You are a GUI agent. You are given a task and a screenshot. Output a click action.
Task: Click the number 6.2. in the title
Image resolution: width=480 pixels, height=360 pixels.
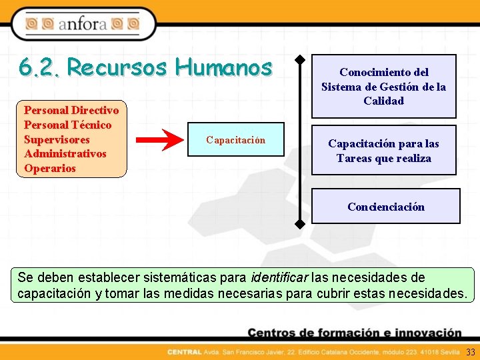click(39, 67)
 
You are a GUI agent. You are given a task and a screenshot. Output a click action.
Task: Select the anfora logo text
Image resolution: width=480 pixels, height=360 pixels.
click(83, 25)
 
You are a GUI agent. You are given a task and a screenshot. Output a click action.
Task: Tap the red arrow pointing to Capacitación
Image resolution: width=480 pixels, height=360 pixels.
click(160, 140)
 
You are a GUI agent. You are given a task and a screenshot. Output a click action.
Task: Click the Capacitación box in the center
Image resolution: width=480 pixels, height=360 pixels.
click(235, 140)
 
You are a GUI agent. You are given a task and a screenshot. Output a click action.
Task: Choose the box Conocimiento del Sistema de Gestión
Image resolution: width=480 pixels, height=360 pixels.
click(383, 87)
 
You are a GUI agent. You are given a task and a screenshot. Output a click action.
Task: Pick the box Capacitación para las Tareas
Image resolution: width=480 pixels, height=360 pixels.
click(383, 151)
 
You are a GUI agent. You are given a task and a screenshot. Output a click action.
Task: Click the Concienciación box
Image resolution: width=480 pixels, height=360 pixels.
click(385, 207)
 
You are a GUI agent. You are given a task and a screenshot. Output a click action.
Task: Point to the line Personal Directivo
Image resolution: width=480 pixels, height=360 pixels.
click(71, 110)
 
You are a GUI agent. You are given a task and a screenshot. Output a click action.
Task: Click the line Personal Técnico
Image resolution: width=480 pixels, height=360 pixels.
click(67, 125)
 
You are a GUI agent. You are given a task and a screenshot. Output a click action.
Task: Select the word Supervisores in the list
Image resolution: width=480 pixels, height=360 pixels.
click(57, 139)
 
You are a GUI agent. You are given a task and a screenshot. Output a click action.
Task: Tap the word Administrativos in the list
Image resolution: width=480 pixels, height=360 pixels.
click(65, 154)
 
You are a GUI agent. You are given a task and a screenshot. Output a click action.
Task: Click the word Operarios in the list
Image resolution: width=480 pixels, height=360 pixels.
click(50, 169)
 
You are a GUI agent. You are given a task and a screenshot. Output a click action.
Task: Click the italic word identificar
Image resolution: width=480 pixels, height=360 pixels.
click(279, 277)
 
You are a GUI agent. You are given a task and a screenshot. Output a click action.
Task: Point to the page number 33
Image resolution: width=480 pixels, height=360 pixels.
click(471, 352)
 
